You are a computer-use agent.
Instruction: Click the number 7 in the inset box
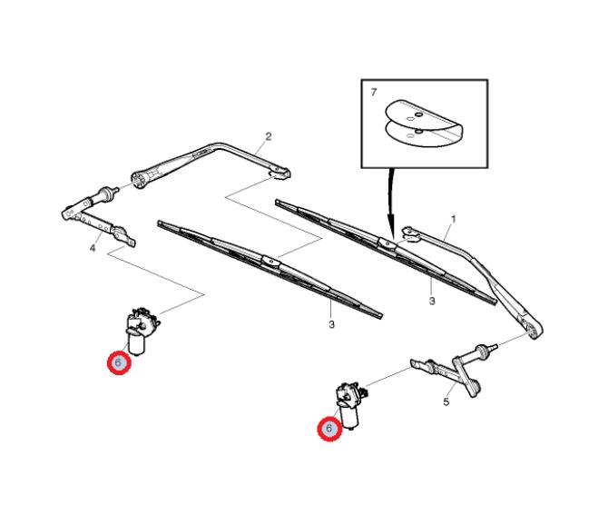pos(373,93)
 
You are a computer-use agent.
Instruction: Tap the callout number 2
pos(269,136)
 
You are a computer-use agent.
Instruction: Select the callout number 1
pos(454,220)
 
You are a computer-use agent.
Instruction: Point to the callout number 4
pos(93,248)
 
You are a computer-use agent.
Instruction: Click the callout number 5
pos(446,402)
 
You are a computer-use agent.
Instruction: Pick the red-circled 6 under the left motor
pos(120,362)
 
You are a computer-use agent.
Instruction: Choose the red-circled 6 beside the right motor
pos(329,429)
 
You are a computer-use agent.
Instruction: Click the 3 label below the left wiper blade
pos(331,324)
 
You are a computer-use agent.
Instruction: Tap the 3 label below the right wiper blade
pos(432,301)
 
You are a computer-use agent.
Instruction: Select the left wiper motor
pos(142,331)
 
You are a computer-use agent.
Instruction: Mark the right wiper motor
pos(351,405)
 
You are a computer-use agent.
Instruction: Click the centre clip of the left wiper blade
pos(270,262)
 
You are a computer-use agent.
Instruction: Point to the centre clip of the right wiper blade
pos(387,243)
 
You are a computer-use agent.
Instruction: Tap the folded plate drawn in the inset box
pos(424,124)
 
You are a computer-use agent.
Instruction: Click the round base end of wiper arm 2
pos(140,180)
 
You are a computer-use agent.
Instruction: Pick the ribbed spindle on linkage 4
pos(104,194)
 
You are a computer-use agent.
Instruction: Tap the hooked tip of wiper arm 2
pos(280,173)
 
